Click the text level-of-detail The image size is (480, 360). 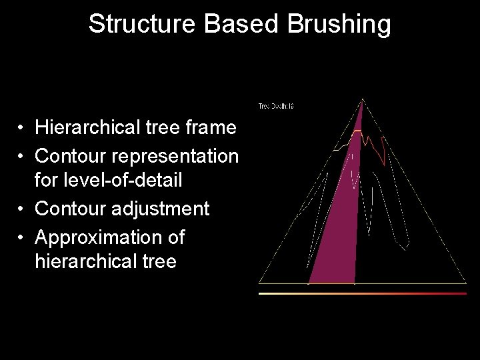click(109, 180)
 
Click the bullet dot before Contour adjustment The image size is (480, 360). click(22, 209)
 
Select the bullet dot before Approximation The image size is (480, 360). click(22, 238)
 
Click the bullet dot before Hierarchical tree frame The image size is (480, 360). click(22, 127)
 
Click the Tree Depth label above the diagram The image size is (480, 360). click(276, 106)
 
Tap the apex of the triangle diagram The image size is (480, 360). click(362, 100)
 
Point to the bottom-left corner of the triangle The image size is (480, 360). click(259, 283)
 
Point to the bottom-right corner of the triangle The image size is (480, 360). click(466, 283)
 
